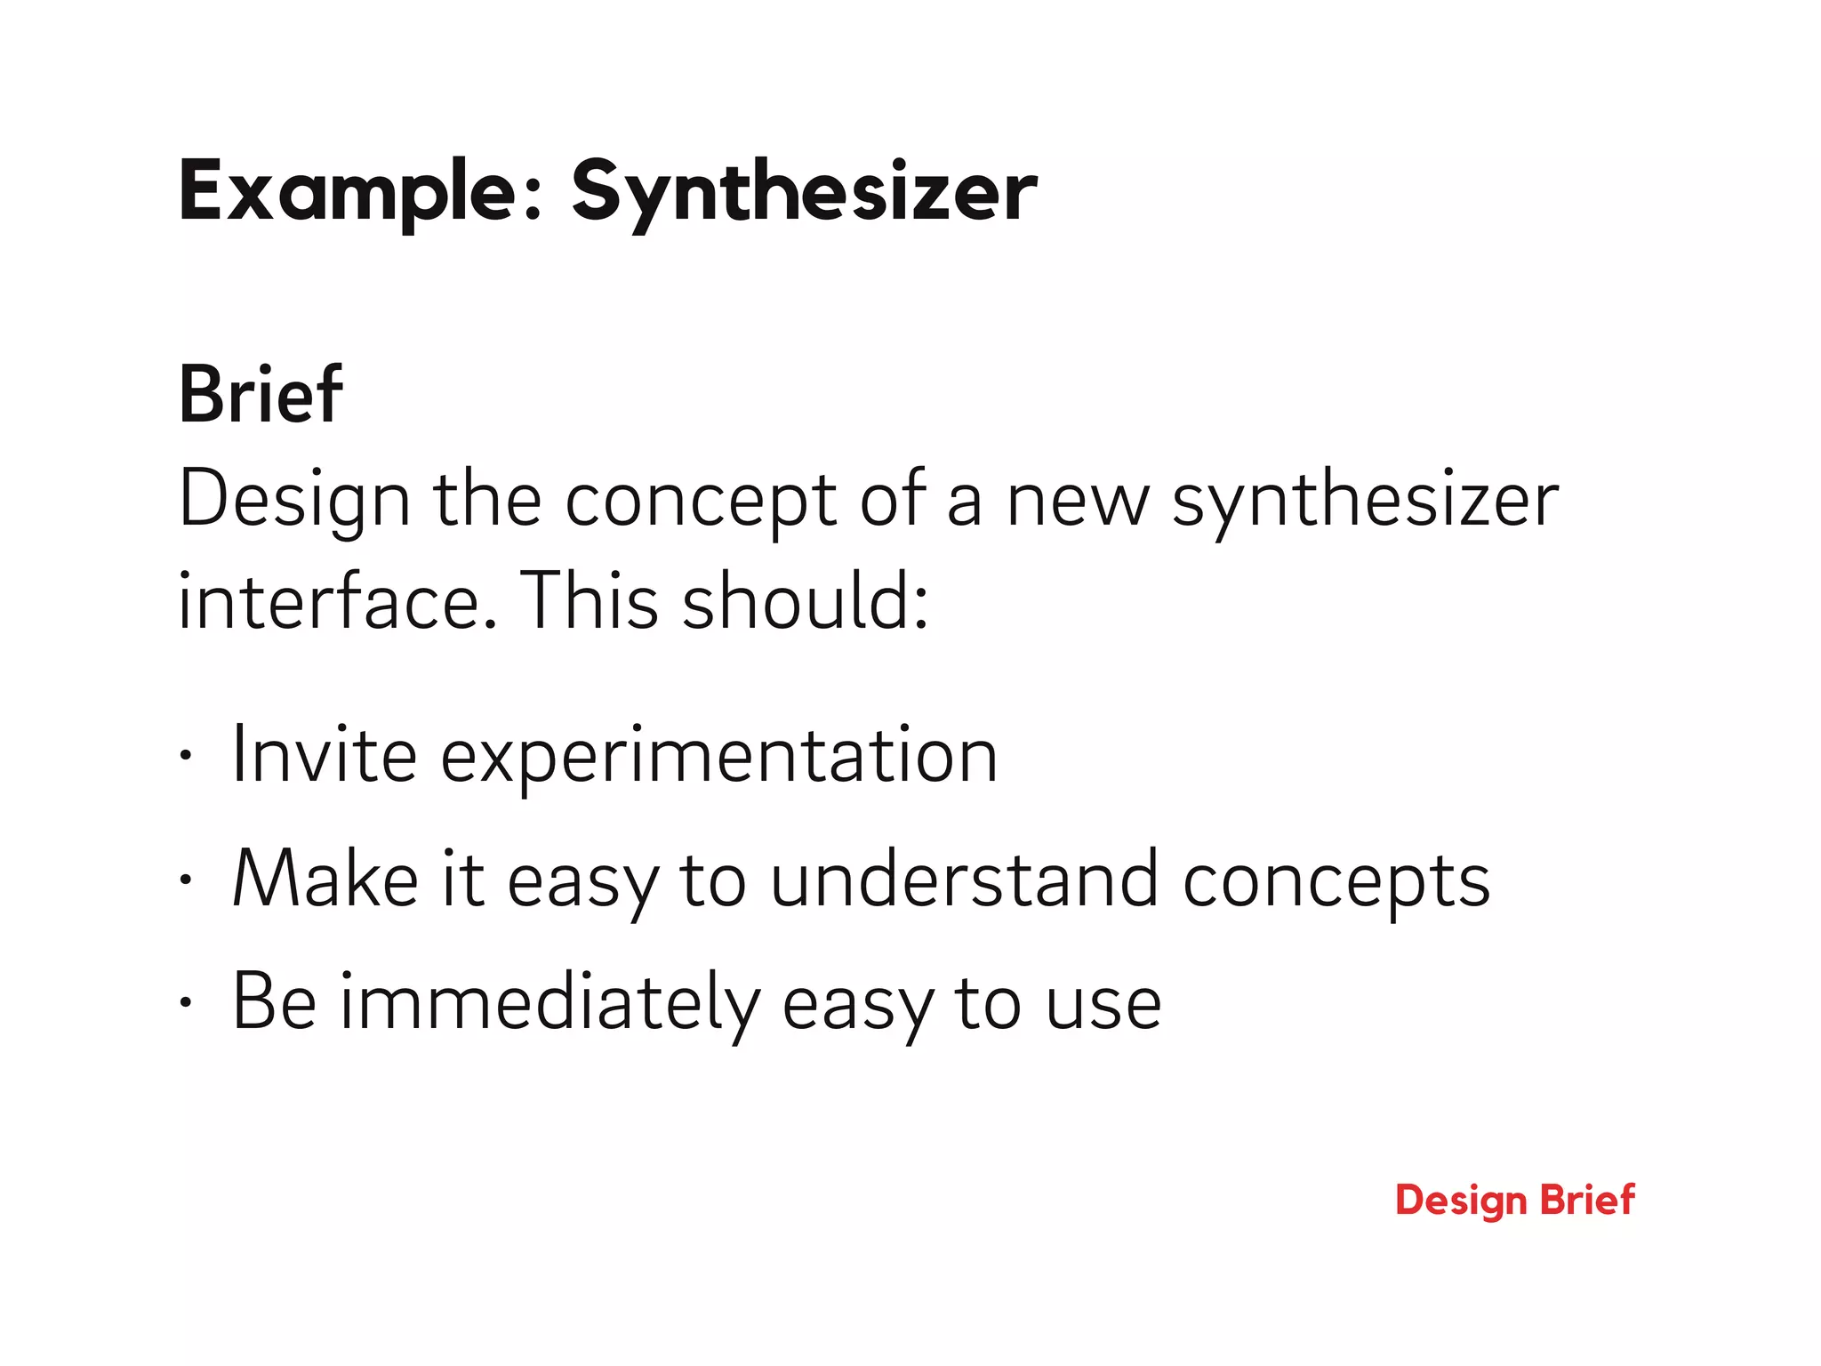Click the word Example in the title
click(347, 191)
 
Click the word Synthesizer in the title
click(804, 191)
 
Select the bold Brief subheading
click(261, 395)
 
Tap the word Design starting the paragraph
click(294, 501)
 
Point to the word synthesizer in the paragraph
click(1365, 501)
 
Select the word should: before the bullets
click(806, 601)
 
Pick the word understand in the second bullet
click(965, 880)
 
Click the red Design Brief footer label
click(1514, 1200)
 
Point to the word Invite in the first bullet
click(324, 757)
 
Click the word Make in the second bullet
click(325, 880)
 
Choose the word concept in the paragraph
click(701, 501)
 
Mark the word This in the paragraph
click(588, 601)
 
